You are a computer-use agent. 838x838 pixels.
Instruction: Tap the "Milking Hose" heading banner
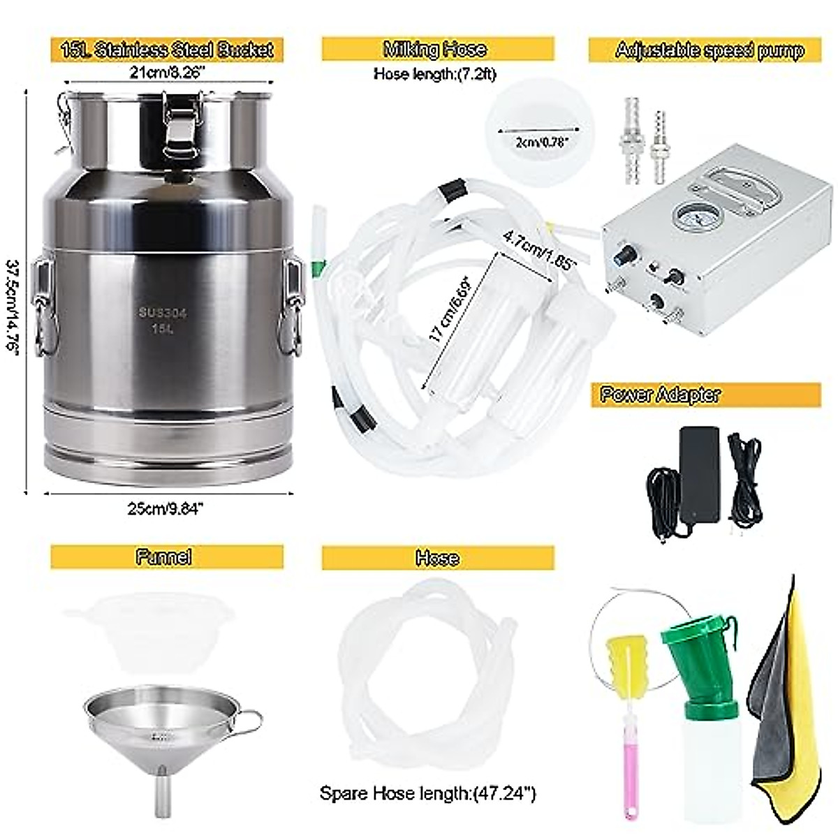click(x=438, y=50)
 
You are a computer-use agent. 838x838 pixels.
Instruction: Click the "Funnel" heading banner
click(x=167, y=557)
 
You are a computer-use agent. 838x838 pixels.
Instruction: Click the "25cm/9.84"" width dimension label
click(x=167, y=508)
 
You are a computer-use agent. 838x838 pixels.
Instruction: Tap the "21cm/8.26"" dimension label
click(x=166, y=73)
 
